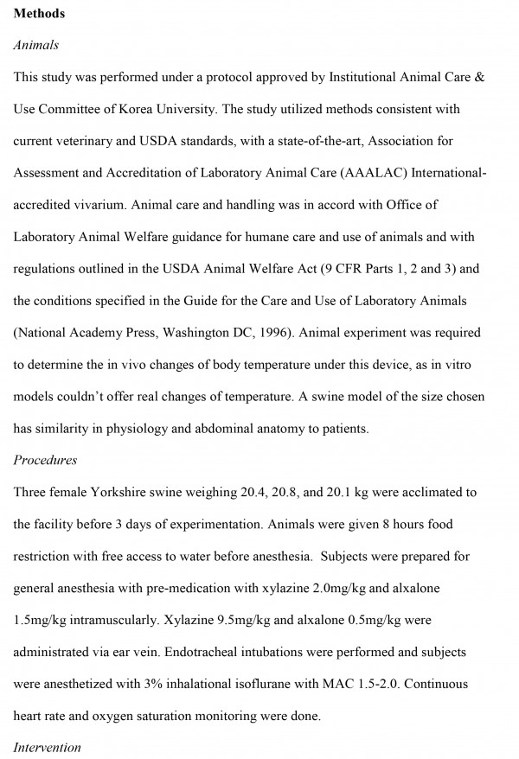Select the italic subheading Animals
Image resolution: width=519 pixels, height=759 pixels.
pos(36,44)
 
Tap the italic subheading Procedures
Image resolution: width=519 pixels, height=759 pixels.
pos(46,460)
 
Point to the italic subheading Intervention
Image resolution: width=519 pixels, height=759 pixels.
pos(48,746)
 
